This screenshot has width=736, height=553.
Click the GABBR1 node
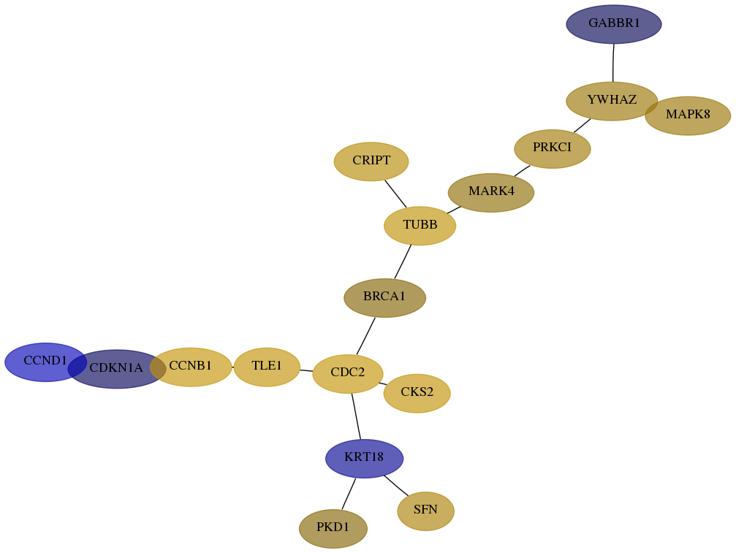coord(613,24)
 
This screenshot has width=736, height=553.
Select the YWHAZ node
coord(612,101)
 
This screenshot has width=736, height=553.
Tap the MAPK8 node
coord(688,115)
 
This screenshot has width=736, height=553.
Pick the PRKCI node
coord(552,149)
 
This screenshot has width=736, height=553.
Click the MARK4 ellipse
coord(491,192)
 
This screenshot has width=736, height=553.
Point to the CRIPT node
coord(371,161)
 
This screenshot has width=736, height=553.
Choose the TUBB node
coord(420,226)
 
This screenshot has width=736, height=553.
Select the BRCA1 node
coord(385,298)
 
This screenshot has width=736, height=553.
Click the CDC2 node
coord(348,374)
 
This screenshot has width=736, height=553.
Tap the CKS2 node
coord(417,393)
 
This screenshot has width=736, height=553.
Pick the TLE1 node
coord(267,367)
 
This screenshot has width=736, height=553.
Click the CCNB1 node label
coord(191,365)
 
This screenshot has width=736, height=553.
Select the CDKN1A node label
coord(116,367)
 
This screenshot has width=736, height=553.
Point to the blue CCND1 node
coord(45,362)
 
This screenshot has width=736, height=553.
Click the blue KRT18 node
coord(364,458)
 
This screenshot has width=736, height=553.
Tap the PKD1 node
coord(333,529)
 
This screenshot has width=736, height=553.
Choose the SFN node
coord(425,511)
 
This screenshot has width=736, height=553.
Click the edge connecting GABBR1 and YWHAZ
coord(613,63)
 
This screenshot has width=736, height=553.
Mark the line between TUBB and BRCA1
coord(403,262)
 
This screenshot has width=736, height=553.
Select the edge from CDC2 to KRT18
coord(356,416)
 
